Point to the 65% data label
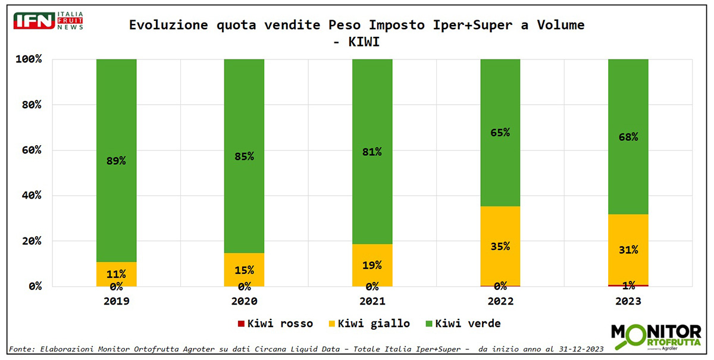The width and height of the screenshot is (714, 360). [500, 133]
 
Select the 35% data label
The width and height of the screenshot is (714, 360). [500, 246]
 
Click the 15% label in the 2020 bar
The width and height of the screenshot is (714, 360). [244, 270]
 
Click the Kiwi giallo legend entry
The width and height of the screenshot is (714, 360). [369, 324]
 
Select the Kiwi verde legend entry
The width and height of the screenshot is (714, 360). [462, 324]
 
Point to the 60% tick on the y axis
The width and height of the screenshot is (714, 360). [29, 150]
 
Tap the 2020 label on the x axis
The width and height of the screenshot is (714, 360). [244, 301]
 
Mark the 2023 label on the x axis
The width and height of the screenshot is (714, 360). [628, 301]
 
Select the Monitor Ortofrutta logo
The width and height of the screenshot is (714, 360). [656, 336]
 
